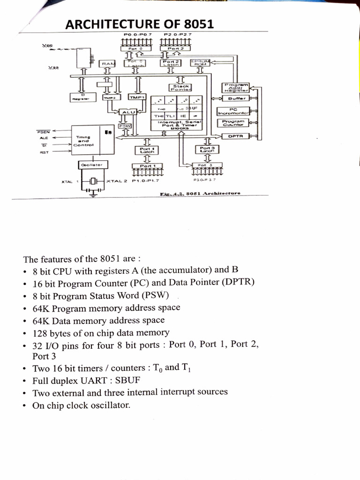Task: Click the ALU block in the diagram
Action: coord(127,112)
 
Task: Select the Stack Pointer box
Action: coord(181,88)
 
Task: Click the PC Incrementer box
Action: coord(233,111)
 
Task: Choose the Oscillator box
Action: coord(93,165)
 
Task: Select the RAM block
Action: coord(107,64)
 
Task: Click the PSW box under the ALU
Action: coord(125,126)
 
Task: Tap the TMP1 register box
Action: coord(137,97)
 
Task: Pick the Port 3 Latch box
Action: coord(207,149)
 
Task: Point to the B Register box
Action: coord(82,97)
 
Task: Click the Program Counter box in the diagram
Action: coord(233,123)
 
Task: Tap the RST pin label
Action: coord(44,152)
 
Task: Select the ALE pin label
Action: coord(44,138)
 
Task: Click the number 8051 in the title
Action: coord(195,24)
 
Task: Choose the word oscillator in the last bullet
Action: coord(109,404)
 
